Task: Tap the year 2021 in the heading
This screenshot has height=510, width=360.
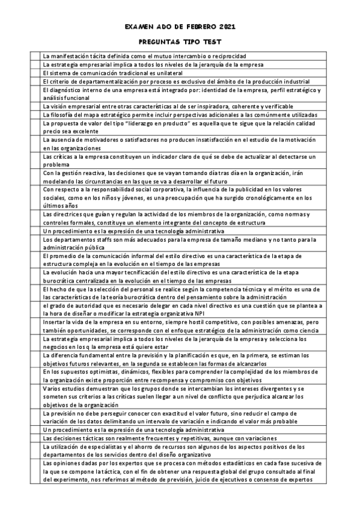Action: click(225, 27)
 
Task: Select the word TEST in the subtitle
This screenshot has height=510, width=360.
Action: click(212, 42)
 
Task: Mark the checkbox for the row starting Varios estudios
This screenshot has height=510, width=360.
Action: click(35, 397)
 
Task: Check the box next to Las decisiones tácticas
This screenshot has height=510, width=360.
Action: click(35, 438)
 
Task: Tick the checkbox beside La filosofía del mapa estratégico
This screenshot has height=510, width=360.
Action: click(35, 114)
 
